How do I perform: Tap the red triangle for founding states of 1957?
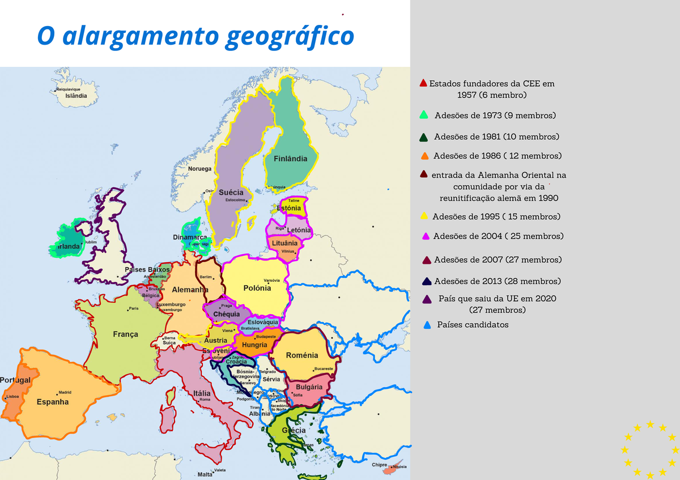pyautogui.click(x=423, y=83)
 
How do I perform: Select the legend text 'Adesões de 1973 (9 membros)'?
pyautogui.click(x=495, y=115)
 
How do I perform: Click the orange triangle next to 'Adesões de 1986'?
pyautogui.click(x=424, y=156)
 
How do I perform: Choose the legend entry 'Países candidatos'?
pyautogui.click(x=473, y=325)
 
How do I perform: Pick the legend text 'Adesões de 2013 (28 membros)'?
pyautogui.click(x=497, y=281)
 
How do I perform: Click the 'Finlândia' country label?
pyautogui.click(x=290, y=158)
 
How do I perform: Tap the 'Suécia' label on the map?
pyautogui.click(x=231, y=192)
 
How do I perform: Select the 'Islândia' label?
pyautogui.click(x=76, y=96)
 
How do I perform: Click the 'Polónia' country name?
pyautogui.click(x=257, y=288)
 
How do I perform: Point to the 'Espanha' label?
pyautogui.click(x=53, y=402)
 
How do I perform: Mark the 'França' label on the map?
pyautogui.click(x=125, y=335)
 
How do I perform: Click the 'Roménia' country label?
pyautogui.click(x=302, y=355)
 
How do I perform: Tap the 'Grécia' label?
pyautogui.click(x=294, y=430)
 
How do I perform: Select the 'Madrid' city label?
pyautogui.click(x=65, y=392)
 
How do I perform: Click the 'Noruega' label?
pyautogui.click(x=199, y=169)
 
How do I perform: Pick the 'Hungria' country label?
pyautogui.click(x=254, y=345)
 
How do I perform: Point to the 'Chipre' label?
pyautogui.click(x=380, y=465)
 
